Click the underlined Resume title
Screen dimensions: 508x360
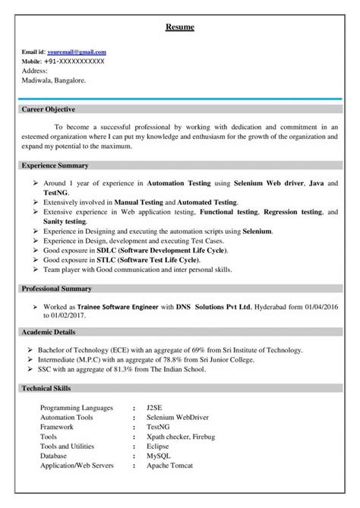click(x=180, y=28)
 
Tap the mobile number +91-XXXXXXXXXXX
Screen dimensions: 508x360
click(x=74, y=60)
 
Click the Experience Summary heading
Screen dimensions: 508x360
click(x=55, y=165)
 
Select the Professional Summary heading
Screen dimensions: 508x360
click(x=56, y=289)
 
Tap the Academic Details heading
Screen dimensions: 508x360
click(x=50, y=333)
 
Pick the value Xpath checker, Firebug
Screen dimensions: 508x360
click(x=182, y=436)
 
